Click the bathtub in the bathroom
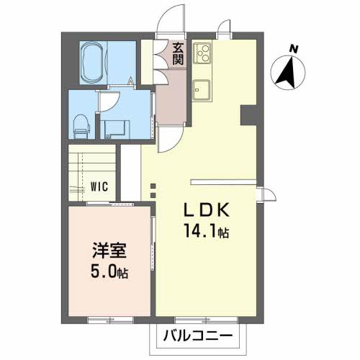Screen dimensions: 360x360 tap(93, 63)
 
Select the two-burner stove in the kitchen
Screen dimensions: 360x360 tap(202, 53)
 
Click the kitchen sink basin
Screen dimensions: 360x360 tap(202, 90)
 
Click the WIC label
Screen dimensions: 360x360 tap(99, 186)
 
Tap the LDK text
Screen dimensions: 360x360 tap(207, 210)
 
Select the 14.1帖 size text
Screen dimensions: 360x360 tap(207, 230)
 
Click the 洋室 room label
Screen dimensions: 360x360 tap(109, 251)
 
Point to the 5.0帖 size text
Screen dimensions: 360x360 tap(109, 271)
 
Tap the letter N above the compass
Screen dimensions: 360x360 tap(293, 49)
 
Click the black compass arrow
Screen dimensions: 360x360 tap(287, 73)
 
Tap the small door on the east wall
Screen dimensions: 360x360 tap(269, 194)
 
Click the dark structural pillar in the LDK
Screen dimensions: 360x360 tap(248, 115)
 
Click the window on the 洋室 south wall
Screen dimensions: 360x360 tap(110, 320)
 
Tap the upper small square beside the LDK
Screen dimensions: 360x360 tap(153, 186)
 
